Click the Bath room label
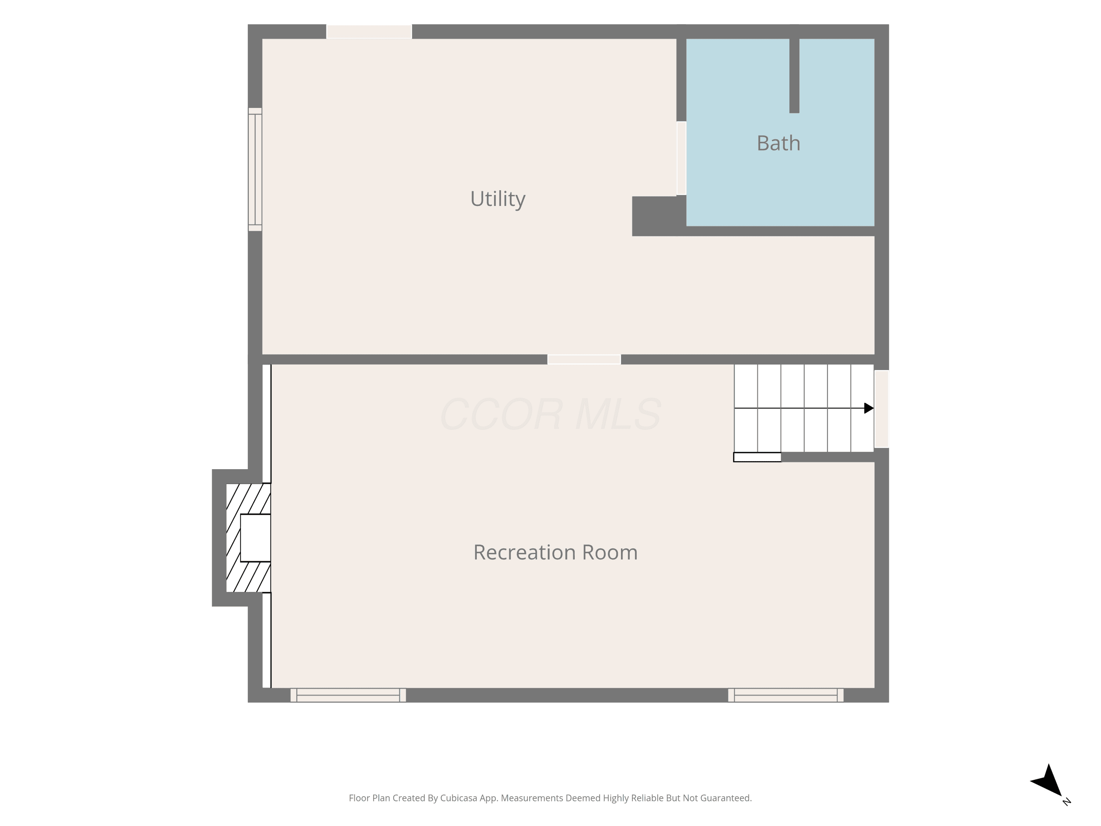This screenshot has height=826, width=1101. (x=778, y=144)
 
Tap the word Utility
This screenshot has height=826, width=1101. (x=498, y=199)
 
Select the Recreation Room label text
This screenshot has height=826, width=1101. (x=556, y=552)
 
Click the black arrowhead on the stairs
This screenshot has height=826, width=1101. (x=869, y=408)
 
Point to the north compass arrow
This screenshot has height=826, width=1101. (x=1047, y=780)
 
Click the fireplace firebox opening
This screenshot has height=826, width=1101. (x=255, y=538)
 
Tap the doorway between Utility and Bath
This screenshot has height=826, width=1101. (x=682, y=158)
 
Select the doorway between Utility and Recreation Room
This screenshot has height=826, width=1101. (x=584, y=359)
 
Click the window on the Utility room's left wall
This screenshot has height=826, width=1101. (x=255, y=169)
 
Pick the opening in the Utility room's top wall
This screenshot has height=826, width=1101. (x=369, y=31)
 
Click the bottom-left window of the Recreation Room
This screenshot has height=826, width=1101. (x=348, y=695)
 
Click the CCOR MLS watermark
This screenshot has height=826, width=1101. (x=550, y=414)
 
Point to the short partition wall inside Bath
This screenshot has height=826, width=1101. (x=795, y=76)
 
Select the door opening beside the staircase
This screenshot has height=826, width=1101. (x=882, y=409)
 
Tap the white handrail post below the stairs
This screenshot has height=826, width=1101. (x=757, y=457)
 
